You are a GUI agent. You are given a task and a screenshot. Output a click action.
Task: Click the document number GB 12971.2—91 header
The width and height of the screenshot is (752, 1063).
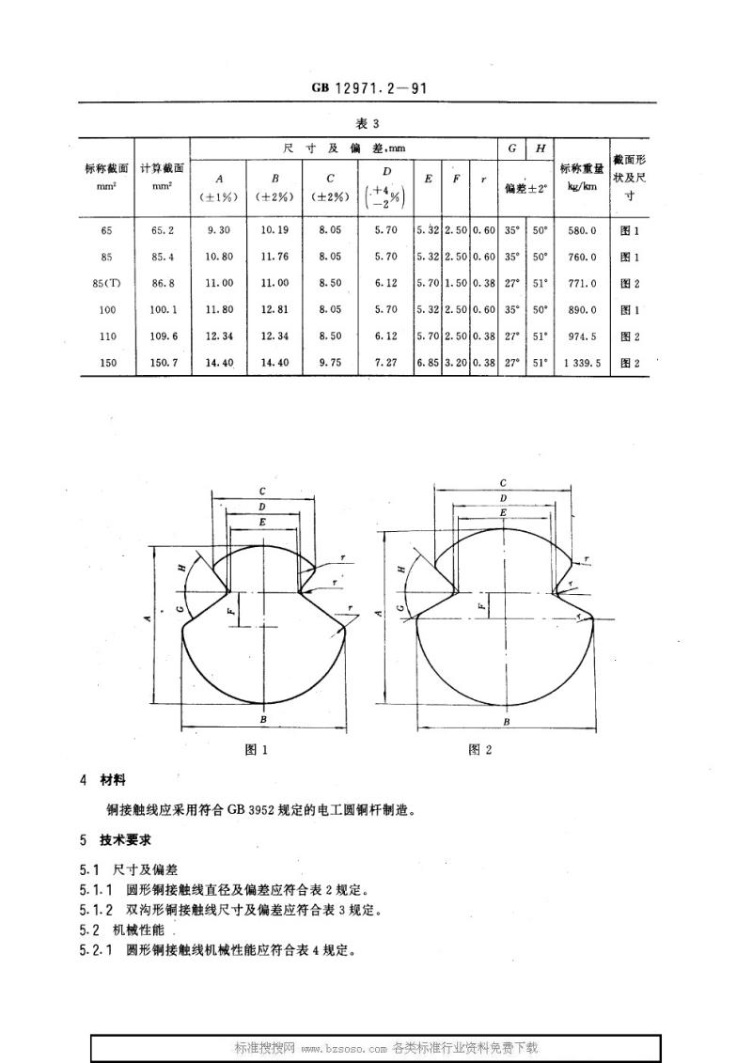pos(369,87)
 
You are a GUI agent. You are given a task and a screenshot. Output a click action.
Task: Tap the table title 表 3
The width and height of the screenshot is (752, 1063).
pos(368,123)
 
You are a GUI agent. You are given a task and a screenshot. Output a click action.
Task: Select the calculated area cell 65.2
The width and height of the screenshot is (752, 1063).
pos(162,230)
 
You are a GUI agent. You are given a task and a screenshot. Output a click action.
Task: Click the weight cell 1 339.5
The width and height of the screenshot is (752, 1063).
pos(582,363)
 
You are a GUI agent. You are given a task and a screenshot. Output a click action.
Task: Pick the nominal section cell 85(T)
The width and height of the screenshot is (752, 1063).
pos(106,284)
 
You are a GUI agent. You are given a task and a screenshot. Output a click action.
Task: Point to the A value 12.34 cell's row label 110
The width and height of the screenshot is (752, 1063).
pos(108,336)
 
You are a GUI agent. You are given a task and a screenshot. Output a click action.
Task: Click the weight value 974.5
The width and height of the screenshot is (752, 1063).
pos(583,336)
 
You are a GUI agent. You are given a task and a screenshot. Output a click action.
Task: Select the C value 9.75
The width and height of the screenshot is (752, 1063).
pos(330,363)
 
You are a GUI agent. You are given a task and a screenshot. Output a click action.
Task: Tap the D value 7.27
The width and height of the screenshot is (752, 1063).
pos(385,363)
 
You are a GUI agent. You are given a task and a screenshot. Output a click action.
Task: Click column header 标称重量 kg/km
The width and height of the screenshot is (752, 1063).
pos(582,177)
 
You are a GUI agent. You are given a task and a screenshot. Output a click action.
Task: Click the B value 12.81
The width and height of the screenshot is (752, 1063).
pos(274,310)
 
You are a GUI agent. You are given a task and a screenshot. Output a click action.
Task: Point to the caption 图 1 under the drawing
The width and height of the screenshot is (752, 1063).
pos(257,750)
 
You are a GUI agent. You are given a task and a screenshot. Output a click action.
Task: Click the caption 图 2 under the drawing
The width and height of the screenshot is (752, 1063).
pos(480,749)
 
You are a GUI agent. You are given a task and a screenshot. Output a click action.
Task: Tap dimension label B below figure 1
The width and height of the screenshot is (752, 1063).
pos(263,720)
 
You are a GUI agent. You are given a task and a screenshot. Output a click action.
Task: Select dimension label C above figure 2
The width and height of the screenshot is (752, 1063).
pos(503,483)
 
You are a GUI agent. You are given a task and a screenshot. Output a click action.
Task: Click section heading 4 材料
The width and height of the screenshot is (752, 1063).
pos(102,780)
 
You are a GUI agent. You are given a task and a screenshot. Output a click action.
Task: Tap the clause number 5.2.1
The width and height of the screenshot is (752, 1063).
pos(96,950)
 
